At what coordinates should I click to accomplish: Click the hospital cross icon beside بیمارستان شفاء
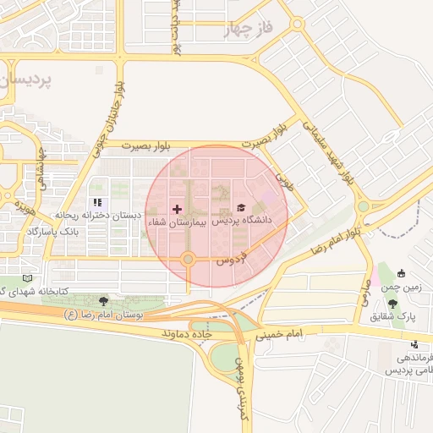coord(177,208)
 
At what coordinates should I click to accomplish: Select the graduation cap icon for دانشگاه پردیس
coord(241,207)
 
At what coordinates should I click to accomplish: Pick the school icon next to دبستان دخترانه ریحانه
coord(97,203)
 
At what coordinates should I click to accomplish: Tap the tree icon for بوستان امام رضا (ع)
coord(103,300)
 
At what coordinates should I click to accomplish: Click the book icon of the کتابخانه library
coord(28,277)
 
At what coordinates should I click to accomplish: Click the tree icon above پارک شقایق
coord(391,303)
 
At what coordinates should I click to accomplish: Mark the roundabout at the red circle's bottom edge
coord(189,259)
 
